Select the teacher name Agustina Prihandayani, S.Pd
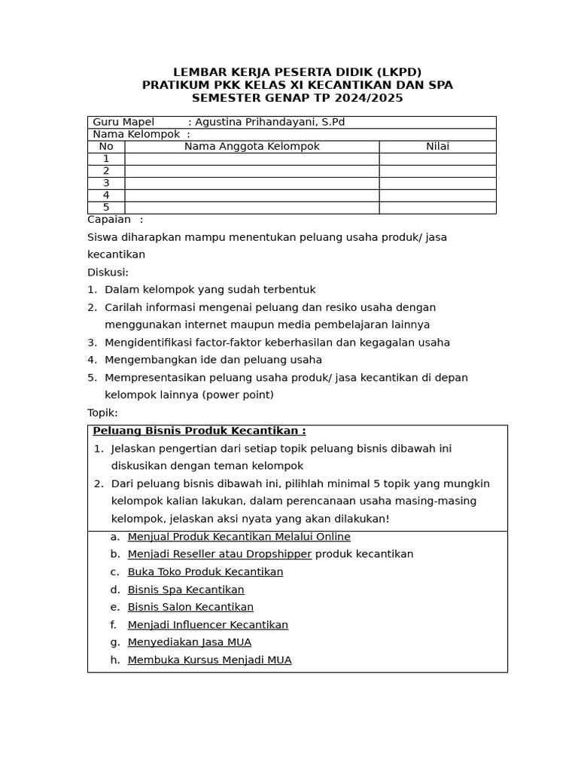269,122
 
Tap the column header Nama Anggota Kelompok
252,147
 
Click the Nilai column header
437,147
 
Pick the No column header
106,147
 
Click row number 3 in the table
106,183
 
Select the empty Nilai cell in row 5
437,208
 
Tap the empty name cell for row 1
252,159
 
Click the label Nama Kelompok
136,134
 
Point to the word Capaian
109,219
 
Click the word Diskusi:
108,272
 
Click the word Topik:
102,413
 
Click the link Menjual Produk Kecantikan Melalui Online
239,537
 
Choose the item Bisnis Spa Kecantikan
186,590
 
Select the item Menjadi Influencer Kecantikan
208,625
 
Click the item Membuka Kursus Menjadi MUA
209,660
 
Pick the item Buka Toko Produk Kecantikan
205,572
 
